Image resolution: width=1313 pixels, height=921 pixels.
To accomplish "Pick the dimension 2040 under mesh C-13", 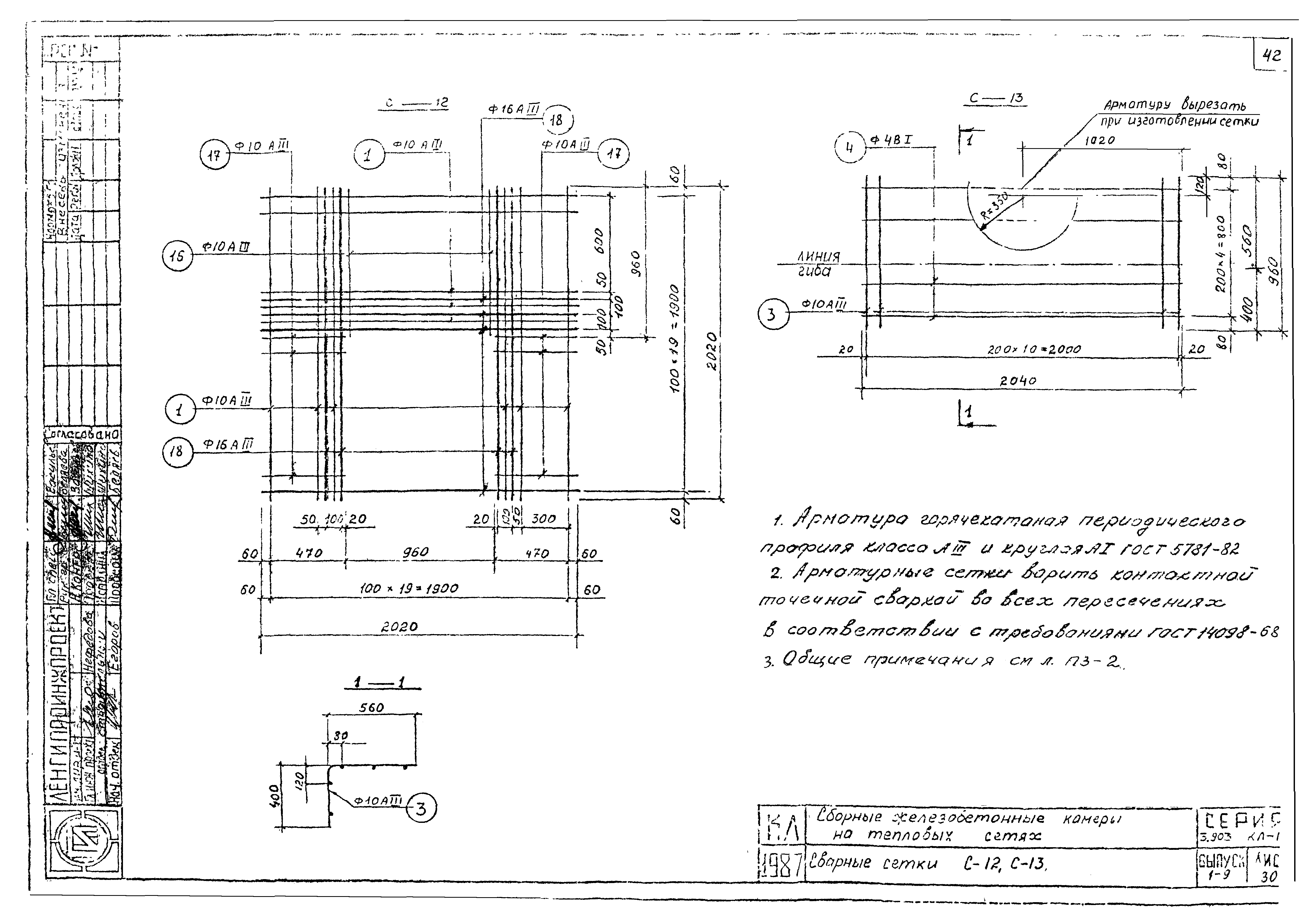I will click(x=1018, y=381).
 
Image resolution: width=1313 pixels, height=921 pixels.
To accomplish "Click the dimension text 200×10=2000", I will click(x=1034, y=349).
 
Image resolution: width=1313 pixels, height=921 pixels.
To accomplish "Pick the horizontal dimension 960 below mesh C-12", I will click(x=416, y=552).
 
